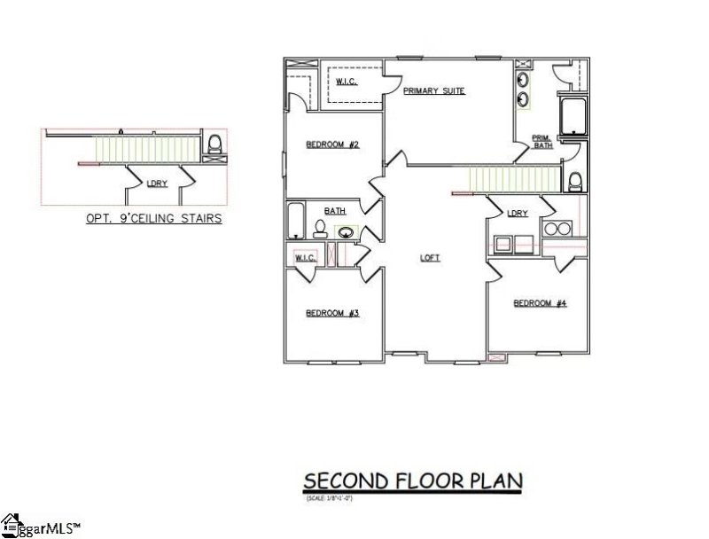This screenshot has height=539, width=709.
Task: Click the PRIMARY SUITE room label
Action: [x=433, y=91]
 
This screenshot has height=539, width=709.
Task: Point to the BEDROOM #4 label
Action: [x=540, y=303]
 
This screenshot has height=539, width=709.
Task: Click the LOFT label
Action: [x=430, y=258]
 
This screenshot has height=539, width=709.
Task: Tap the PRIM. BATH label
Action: [x=541, y=141]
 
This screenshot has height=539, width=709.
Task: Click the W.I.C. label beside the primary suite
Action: [x=346, y=82]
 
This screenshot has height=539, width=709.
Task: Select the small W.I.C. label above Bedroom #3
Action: [x=305, y=258]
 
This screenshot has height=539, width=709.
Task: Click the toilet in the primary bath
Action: [x=574, y=182]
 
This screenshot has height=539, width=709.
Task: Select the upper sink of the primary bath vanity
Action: [x=524, y=78]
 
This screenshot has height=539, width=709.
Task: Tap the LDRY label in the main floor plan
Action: [x=518, y=214]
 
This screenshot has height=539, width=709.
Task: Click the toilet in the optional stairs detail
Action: [x=213, y=145]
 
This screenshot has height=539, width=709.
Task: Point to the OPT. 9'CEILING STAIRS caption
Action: [x=152, y=216]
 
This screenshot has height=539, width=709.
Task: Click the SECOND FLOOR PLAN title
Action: [x=413, y=480]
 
